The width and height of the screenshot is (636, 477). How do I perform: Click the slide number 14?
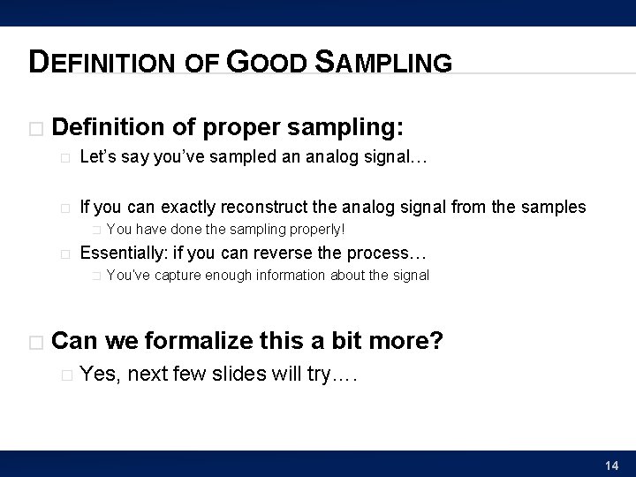[611, 465]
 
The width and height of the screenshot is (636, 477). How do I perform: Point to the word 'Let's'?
[98, 160]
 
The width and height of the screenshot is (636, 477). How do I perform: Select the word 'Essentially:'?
[119, 253]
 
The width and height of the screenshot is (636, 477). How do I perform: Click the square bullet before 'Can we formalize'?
[35, 342]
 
